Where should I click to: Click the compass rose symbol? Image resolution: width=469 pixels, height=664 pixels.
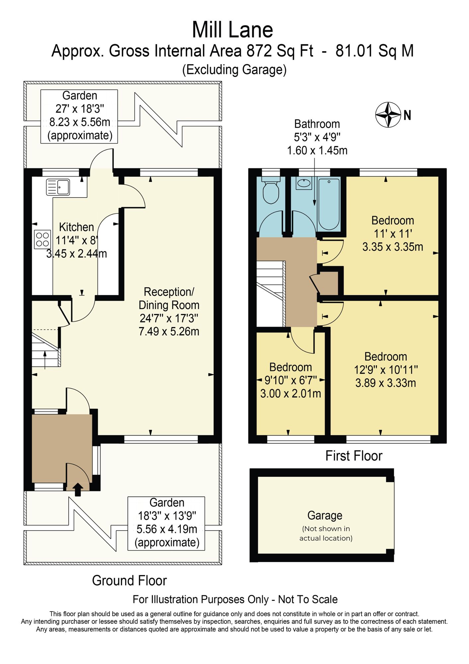coord(388,115)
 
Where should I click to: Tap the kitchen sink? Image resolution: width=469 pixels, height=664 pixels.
coord(58,187)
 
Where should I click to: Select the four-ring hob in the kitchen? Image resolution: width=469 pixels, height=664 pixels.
coord(42,239)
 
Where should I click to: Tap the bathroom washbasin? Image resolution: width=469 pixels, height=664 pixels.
coord(304,183)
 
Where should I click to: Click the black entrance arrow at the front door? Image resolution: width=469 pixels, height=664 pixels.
coord(78,490)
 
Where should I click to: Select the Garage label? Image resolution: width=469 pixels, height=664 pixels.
coord(325,515)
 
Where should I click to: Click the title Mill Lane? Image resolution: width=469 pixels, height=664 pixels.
coord(233,30)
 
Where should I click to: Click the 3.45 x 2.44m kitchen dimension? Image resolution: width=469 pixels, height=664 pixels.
coord(77,254)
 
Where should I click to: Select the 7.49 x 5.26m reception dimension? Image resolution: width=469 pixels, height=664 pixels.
coord(169,331)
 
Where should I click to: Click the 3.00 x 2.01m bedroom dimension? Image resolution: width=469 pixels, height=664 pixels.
coord(291,393)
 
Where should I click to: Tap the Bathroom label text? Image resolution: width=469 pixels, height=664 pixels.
coord(317,124)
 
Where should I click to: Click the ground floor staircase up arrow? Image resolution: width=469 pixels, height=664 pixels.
coord(45,359)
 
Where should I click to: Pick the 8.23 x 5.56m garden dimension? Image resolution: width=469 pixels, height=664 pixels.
coord(80,122)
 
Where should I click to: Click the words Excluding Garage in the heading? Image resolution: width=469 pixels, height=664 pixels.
coord(234,70)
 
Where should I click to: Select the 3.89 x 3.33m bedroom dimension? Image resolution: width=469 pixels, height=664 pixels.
coord(386,383)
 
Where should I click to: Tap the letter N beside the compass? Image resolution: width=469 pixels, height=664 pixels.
coord(407,115)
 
